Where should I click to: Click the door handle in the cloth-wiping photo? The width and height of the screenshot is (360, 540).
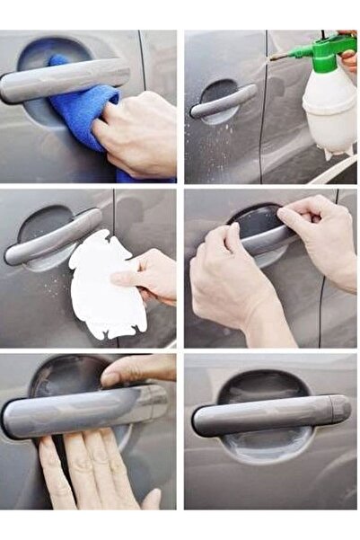(x=63, y=79)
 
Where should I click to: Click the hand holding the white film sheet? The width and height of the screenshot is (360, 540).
(x=148, y=274)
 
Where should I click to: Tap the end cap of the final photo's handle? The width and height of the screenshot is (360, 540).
(x=339, y=409)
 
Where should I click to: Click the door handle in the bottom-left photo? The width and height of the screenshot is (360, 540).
(x=81, y=410)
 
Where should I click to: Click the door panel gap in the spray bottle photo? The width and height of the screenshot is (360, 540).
(x=263, y=108)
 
